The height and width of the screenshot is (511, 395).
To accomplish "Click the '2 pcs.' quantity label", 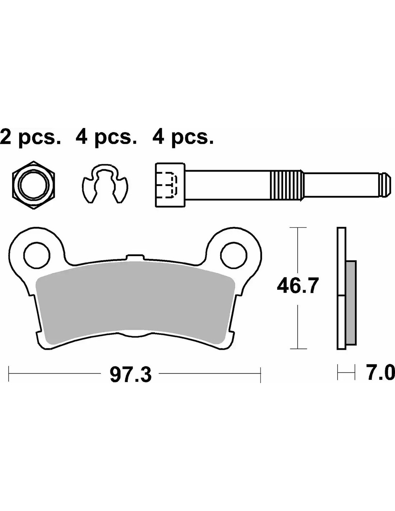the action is (x=31, y=138).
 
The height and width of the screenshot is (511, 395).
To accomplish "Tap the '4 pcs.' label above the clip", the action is (x=106, y=138).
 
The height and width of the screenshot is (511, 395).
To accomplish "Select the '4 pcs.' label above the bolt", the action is (x=183, y=138).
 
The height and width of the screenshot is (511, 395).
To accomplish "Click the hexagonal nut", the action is (x=33, y=185).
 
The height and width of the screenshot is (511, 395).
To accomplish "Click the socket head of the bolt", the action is (x=170, y=185).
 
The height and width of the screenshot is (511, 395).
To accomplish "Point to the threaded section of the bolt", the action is (x=287, y=185).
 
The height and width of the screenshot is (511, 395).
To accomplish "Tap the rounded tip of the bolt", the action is (x=385, y=185).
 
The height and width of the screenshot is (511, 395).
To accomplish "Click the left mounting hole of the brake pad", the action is (x=37, y=255).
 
